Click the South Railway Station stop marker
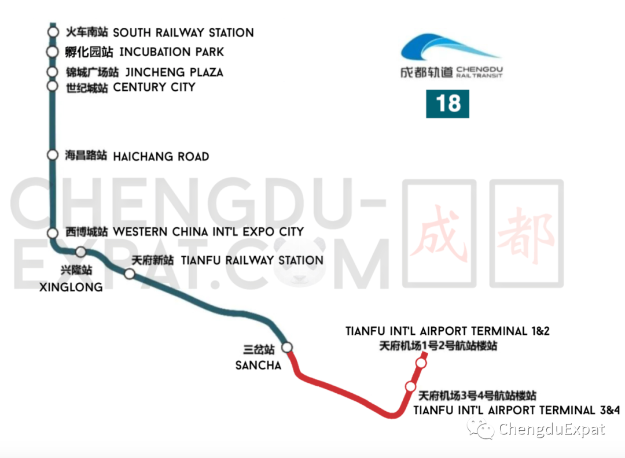pos(53,32)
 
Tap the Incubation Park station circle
pos(52,52)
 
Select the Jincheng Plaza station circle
pos(53,72)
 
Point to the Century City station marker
pos(53,87)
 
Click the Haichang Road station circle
pos(53,156)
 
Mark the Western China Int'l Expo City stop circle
pos(53,232)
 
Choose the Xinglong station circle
pos(80,252)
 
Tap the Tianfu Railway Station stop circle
pos(130,274)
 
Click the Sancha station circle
pos(287,347)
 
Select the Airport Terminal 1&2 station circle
pos(421,363)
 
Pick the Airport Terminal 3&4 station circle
pos(410,386)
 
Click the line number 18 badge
pos(447,104)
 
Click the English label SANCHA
pos(258,365)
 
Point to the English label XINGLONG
pos(71,287)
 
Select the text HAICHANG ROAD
pos(161,157)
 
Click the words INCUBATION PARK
pos(171,52)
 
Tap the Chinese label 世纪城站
pos(86,88)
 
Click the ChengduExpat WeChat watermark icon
pos(481,429)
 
